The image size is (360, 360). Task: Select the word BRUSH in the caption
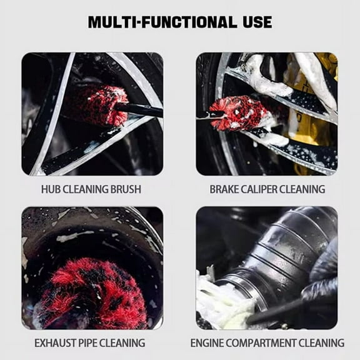124,189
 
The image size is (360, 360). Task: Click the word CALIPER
263,189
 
